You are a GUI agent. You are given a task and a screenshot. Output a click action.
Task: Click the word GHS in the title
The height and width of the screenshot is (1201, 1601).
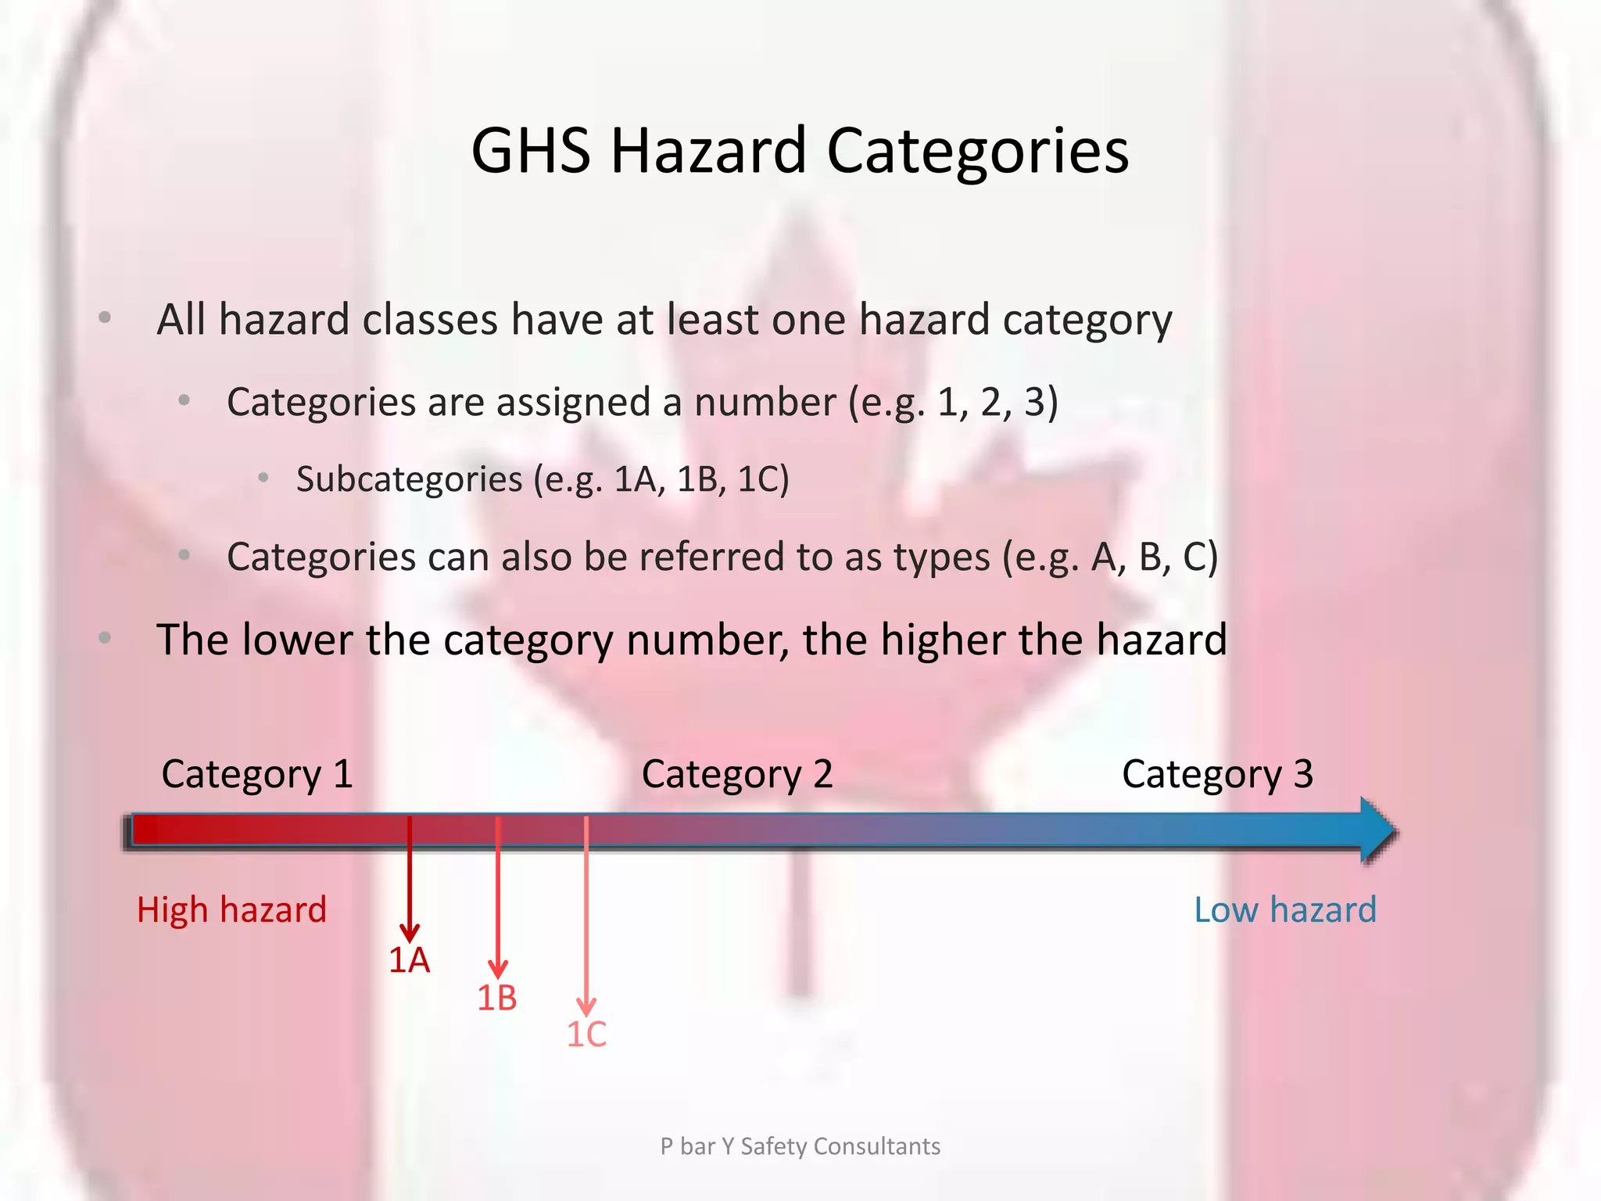(x=531, y=150)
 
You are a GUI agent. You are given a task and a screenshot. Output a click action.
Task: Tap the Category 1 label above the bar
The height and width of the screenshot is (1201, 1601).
(x=257, y=774)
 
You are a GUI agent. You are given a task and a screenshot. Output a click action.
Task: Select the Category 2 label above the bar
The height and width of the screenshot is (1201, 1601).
(x=737, y=774)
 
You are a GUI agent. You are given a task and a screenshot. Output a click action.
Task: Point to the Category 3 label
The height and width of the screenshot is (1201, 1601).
(x=1217, y=774)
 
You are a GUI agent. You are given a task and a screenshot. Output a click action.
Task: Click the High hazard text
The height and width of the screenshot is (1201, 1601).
(x=231, y=909)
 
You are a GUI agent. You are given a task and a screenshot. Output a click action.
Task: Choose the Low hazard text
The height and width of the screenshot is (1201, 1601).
(x=1284, y=909)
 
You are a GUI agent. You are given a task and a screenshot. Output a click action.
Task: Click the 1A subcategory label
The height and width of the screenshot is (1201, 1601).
(x=409, y=960)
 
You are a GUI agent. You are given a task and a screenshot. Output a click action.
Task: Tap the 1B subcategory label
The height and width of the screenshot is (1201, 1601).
(x=497, y=998)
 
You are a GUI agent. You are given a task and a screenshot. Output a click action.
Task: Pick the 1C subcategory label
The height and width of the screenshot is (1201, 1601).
(x=586, y=1034)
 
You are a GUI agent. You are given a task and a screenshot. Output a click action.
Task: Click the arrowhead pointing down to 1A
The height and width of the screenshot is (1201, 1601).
(x=410, y=932)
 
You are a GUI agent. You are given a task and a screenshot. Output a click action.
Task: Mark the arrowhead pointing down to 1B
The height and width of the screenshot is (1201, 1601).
(x=498, y=969)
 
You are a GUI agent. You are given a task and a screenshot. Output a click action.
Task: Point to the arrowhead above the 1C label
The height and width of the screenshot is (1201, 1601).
(x=586, y=1006)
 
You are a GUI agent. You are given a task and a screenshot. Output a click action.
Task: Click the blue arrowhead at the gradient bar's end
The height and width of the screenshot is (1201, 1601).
(x=1377, y=830)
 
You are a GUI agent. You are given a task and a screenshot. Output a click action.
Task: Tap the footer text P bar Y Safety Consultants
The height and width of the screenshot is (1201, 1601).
(x=800, y=1146)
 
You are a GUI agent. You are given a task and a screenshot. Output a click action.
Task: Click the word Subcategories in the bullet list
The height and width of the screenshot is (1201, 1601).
(x=409, y=479)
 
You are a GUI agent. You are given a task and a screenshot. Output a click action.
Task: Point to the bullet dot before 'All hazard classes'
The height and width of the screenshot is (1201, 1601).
(x=105, y=318)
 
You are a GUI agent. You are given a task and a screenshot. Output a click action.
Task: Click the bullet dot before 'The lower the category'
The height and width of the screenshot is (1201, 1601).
(x=105, y=638)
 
